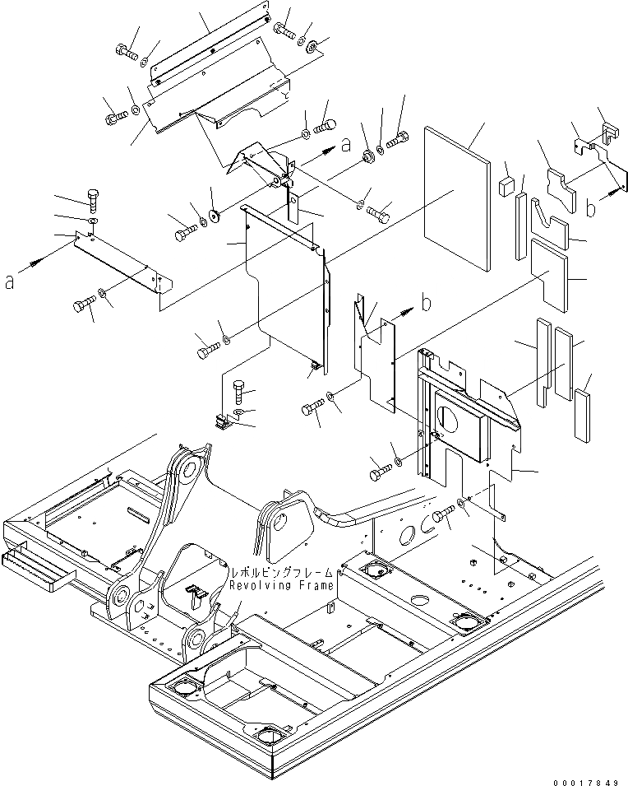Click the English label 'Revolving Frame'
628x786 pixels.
(281, 585)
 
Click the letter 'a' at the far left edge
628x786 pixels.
(10, 282)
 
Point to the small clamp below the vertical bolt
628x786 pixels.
(222, 423)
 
